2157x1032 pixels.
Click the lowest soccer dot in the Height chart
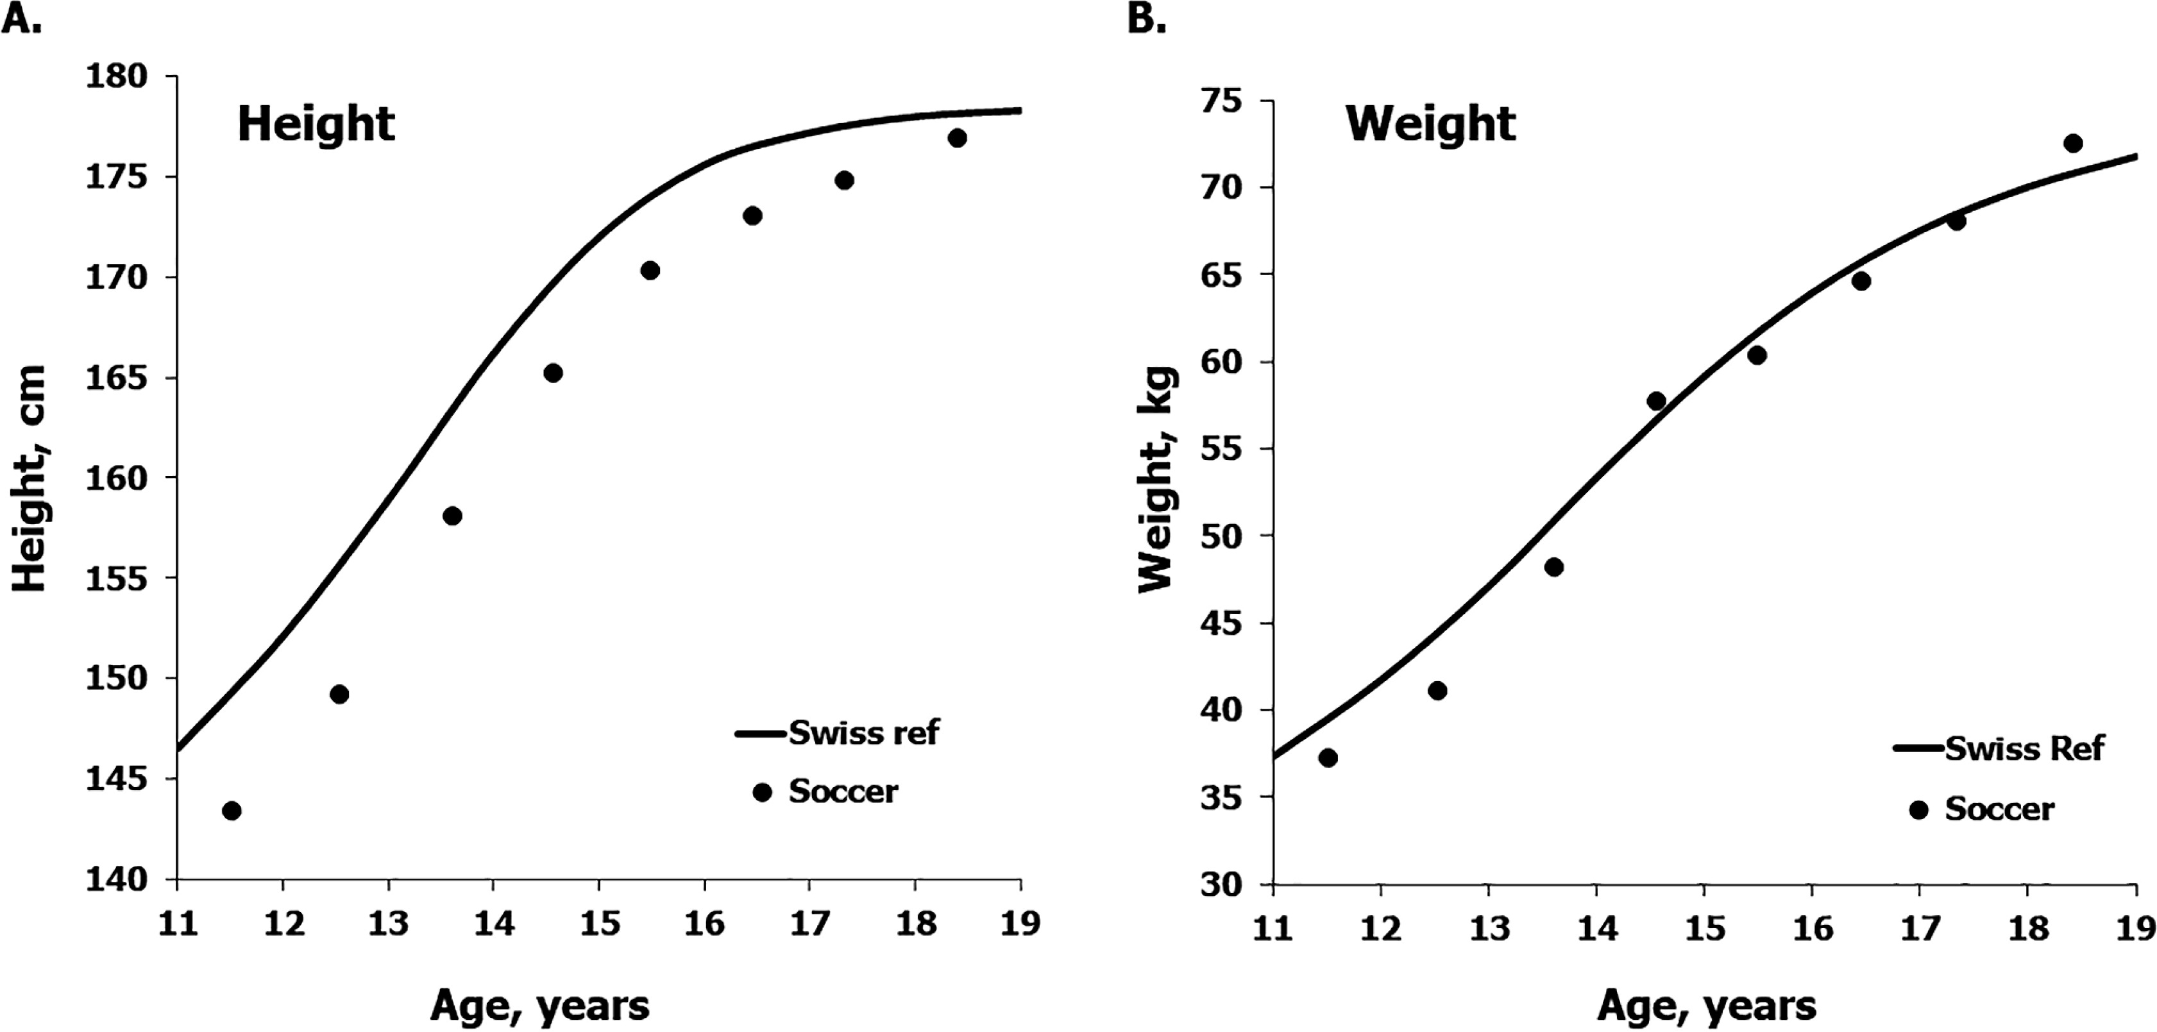(232, 811)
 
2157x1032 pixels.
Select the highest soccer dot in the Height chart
(957, 138)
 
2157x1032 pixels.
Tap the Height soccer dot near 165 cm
(553, 373)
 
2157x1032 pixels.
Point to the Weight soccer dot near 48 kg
(1554, 567)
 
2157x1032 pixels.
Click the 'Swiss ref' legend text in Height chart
(863, 733)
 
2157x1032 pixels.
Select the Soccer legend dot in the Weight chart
(1918, 810)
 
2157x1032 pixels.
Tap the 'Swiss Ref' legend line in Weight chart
(1918, 747)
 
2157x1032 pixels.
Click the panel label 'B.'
(1146, 19)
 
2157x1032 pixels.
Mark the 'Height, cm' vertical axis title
(30, 478)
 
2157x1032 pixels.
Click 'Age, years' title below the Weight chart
(1707, 1005)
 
